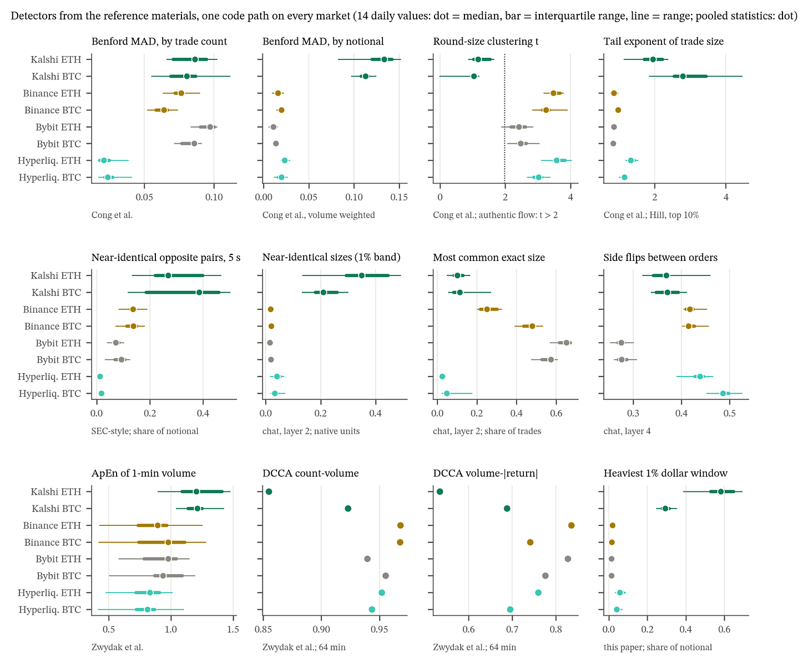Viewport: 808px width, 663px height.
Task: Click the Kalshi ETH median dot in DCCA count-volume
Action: coord(269,491)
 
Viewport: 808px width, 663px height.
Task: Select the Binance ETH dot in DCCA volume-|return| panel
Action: coord(571,525)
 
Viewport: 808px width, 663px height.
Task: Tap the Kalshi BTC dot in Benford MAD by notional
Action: coord(366,76)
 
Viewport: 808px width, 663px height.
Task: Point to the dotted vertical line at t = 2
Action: coord(504,118)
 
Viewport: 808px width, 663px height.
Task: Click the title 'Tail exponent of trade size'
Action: coord(664,42)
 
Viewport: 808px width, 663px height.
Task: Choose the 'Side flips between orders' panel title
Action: coord(660,257)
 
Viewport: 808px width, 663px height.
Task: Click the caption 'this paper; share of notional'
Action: coord(658,647)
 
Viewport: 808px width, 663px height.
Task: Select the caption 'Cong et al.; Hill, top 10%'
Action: coord(652,215)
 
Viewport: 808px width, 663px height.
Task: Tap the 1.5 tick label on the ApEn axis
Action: coord(233,629)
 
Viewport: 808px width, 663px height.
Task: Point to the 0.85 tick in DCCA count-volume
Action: coord(263,629)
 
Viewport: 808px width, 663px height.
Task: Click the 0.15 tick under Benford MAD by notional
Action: coord(399,197)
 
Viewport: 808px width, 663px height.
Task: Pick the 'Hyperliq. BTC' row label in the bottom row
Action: coord(50,610)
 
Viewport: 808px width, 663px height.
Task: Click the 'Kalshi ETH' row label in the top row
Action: coord(56,59)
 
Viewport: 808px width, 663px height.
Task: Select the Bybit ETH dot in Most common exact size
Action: coord(566,343)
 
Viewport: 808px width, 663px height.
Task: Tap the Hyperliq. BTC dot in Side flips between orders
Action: coord(723,394)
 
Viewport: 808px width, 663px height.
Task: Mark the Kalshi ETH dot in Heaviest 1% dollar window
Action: coord(721,491)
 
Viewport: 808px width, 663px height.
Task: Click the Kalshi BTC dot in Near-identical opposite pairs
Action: coord(199,292)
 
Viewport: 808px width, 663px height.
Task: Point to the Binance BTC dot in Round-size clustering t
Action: coord(546,110)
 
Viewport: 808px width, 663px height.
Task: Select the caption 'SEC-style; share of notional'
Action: coord(145,431)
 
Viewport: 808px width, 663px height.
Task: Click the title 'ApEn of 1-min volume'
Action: coord(144,473)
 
